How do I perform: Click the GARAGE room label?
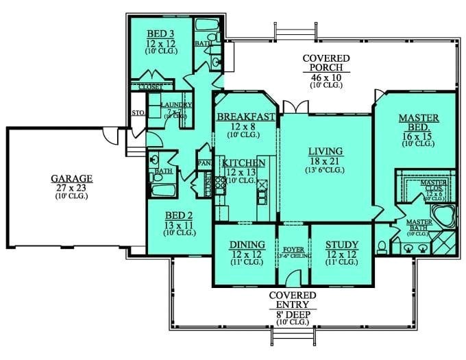pos(71,178)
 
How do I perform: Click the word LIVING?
pos(325,151)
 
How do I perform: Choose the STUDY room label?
pos(341,244)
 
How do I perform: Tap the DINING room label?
pos(243,244)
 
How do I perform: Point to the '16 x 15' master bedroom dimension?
pos(419,136)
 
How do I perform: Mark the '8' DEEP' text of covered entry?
pos(293,314)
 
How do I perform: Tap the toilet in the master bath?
pos(381,246)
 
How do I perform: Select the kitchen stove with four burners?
pos(221,185)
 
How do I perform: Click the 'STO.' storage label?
pos(137,113)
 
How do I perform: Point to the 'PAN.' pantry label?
pos(204,163)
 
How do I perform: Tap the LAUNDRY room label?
pos(176,105)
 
